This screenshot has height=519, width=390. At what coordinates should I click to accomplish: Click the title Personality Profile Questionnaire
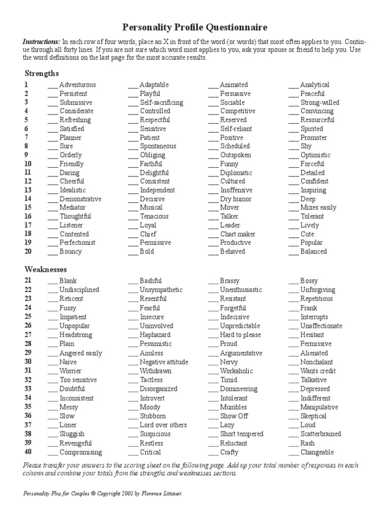tap(195, 27)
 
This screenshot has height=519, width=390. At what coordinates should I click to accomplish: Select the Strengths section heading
tap(42, 73)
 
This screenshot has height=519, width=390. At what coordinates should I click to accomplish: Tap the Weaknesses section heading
tap(46, 270)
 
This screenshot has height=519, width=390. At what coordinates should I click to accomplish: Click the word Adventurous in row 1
tap(77, 85)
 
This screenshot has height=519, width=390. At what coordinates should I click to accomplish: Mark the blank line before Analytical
tap(294, 85)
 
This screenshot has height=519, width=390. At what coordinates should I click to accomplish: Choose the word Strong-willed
tap(319, 102)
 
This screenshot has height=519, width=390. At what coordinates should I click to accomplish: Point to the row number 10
tap(28, 164)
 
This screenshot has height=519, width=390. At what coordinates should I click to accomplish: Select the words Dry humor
tap(236, 199)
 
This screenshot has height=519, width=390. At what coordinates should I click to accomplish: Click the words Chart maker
tap(238, 234)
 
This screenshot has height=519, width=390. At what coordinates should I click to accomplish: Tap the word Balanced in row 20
tap(313, 251)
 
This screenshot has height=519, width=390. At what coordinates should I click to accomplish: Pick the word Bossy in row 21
tap(309, 281)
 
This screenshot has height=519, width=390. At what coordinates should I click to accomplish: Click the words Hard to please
tap(240, 335)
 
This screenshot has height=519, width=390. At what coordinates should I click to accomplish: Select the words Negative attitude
tap(164, 362)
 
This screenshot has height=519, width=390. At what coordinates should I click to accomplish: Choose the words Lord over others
tap(163, 425)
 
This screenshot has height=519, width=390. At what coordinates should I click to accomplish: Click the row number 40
tap(27, 452)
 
